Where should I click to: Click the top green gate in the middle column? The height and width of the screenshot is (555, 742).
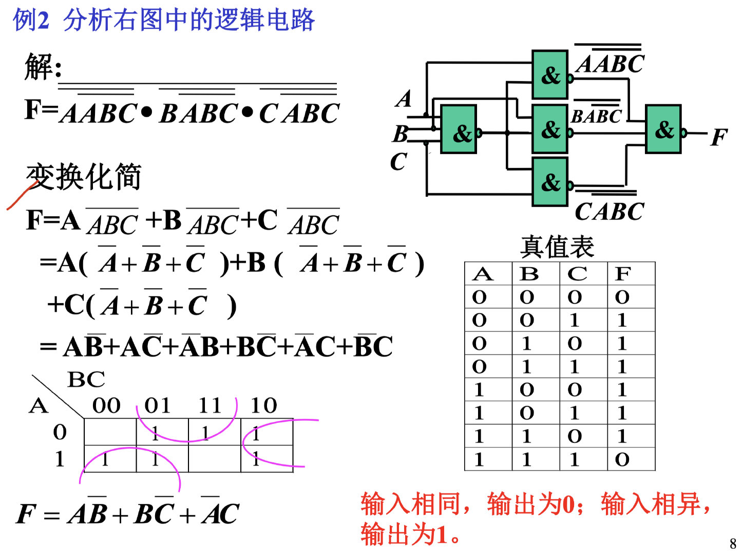(x=550, y=75)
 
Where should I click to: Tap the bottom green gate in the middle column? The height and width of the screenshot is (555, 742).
(x=550, y=182)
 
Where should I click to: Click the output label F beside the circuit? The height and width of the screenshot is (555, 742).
(x=719, y=137)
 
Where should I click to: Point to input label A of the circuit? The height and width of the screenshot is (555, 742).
(x=404, y=98)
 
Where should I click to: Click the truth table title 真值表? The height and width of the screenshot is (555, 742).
(x=557, y=247)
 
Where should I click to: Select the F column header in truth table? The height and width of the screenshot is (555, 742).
(x=622, y=274)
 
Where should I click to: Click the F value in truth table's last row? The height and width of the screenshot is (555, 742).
(x=622, y=459)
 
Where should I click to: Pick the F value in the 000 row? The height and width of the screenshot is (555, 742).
(x=622, y=297)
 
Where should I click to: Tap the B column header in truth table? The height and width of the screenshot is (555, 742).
(x=529, y=274)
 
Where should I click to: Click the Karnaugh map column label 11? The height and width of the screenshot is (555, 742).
(x=210, y=405)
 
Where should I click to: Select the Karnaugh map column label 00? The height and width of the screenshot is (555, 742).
(x=107, y=405)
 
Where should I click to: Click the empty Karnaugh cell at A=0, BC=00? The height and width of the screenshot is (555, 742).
(x=110, y=432)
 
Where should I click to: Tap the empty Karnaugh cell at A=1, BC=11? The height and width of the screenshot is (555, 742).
(x=214, y=459)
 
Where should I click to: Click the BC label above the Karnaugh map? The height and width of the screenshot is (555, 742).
(x=86, y=380)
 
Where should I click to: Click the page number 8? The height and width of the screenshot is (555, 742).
(x=733, y=543)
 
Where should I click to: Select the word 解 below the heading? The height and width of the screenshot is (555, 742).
(x=39, y=67)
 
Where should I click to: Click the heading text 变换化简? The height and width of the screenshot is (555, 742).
(x=84, y=177)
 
